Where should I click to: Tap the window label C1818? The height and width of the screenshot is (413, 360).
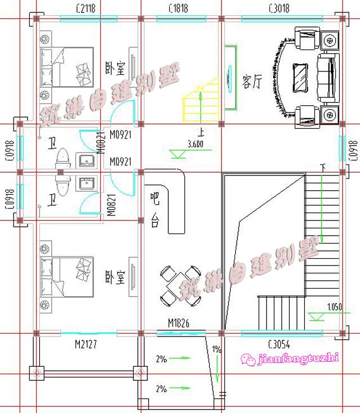178,7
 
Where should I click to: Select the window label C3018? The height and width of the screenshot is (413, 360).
279,7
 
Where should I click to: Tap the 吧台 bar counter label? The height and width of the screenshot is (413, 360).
154,209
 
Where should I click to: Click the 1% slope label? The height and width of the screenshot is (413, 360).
217,349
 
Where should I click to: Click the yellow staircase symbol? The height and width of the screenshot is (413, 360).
200,101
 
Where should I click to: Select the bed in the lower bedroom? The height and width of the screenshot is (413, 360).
66,276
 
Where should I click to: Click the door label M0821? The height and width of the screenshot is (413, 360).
111,205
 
